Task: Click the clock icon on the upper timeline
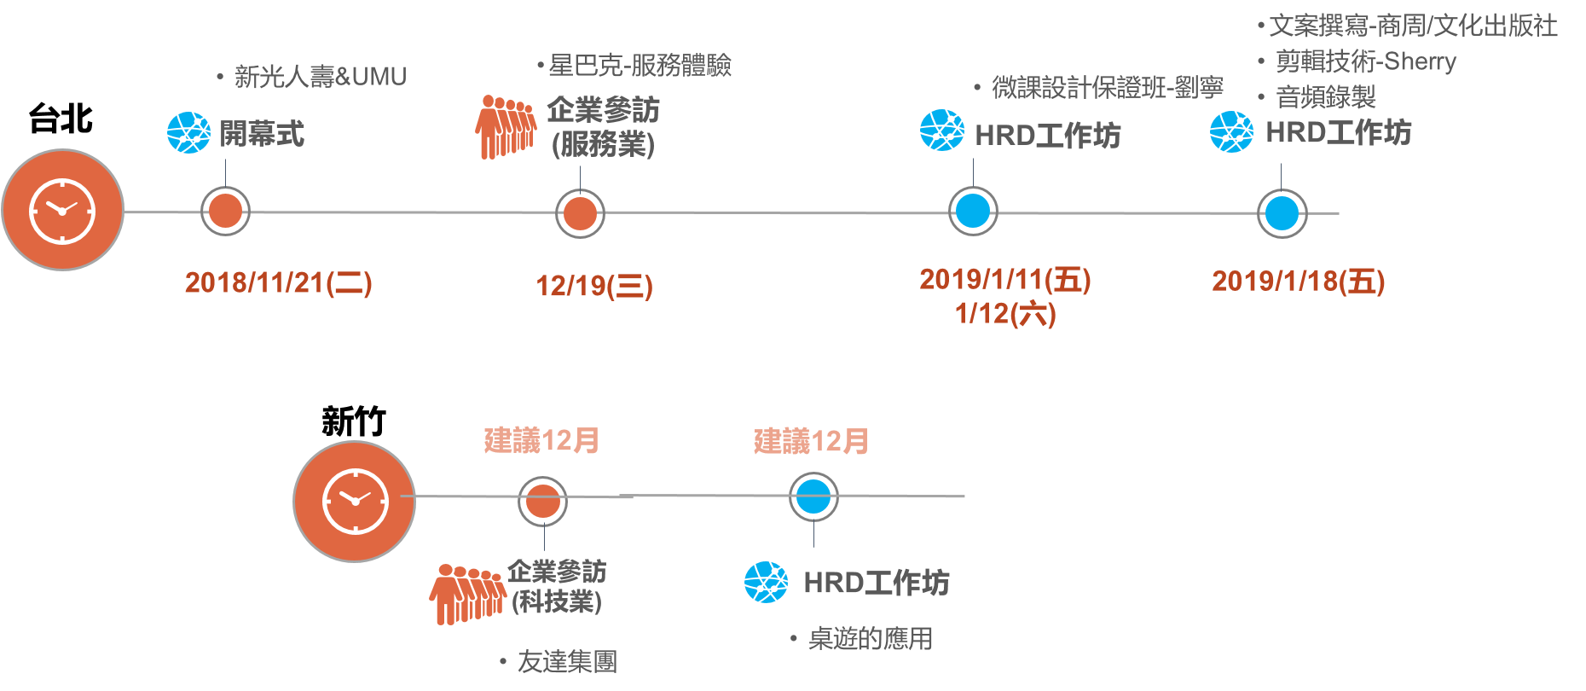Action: [62, 210]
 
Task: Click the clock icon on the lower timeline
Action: [355, 501]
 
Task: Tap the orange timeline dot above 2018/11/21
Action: [225, 212]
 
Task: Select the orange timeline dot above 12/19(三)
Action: [580, 213]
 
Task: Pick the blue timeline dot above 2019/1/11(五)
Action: [973, 212]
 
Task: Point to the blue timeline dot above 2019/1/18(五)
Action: [1282, 213]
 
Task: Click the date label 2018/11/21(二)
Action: [278, 283]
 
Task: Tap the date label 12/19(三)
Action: [593, 287]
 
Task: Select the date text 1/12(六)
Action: [1005, 314]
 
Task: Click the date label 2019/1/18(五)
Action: [1298, 282]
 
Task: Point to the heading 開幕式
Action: [262, 134]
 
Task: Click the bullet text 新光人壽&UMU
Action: [320, 77]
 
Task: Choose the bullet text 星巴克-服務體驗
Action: [640, 66]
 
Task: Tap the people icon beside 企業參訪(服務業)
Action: [506, 127]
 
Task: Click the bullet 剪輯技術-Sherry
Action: [1365, 61]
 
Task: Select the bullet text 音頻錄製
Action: [1325, 97]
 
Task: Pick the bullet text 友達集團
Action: [567, 661]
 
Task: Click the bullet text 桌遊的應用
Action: [870, 638]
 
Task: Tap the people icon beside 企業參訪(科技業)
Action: [466, 593]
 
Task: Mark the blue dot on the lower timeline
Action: [813, 497]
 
